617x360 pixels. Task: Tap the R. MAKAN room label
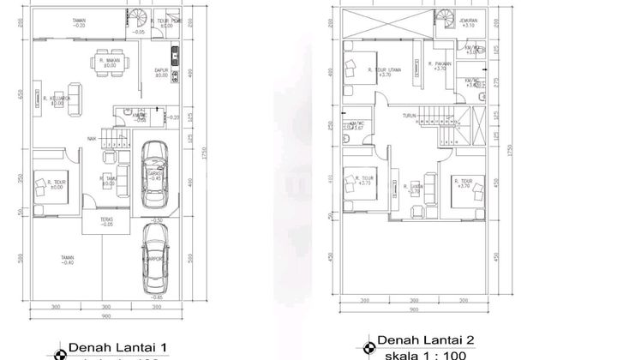point(108,62)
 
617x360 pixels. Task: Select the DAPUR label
point(160,72)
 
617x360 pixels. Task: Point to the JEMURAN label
point(468,22)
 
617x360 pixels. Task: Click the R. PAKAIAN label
point(441,64)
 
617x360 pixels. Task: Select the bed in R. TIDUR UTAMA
point(354,69)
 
